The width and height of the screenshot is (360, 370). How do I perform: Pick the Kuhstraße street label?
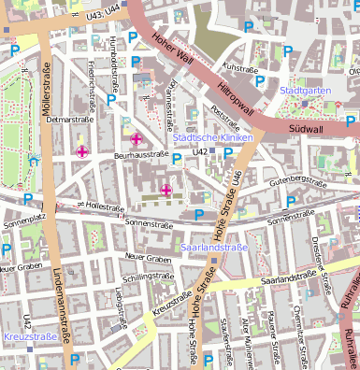(x=240, y=67)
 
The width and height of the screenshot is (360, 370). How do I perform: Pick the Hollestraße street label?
(x=102, y=206)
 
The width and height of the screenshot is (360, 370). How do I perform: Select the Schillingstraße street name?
(x=151, y=277)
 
